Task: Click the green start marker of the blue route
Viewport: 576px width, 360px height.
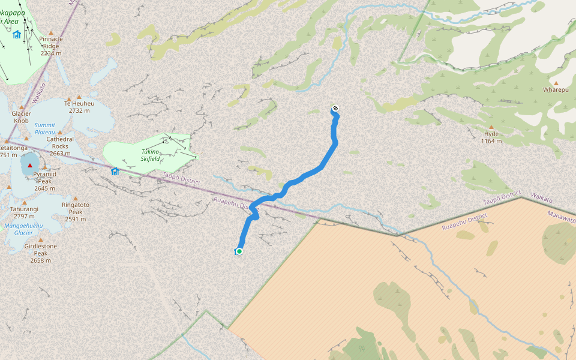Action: pos(239,251)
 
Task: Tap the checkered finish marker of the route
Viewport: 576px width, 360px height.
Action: pos(335,109)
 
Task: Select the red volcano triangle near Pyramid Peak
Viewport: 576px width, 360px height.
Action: pos(29,165)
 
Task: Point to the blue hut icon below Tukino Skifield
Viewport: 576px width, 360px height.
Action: pos(115,171)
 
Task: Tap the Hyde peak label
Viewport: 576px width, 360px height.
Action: pos(491,134)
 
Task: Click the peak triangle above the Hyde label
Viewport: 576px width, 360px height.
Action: pos(491,127)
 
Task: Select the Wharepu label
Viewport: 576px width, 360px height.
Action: pos(555,90)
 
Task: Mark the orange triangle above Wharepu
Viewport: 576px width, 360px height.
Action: pos(556,83)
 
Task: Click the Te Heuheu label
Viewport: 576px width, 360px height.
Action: pos(79,103)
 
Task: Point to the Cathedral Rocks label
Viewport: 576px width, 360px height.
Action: pos(60,143)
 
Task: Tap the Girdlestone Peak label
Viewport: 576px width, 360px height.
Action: pos(41,250)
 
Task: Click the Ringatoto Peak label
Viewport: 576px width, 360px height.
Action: pos(76,208)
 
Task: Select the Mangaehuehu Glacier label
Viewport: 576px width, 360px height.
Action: pos(23,229)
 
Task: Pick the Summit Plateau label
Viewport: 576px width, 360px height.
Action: pos(45,128)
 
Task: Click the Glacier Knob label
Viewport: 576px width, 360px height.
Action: pos(21,117)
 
